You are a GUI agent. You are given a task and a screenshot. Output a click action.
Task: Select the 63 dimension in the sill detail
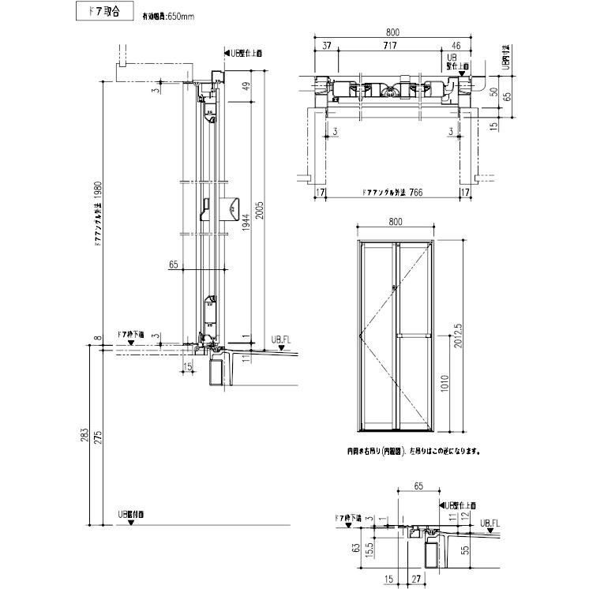tap(356, 546)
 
